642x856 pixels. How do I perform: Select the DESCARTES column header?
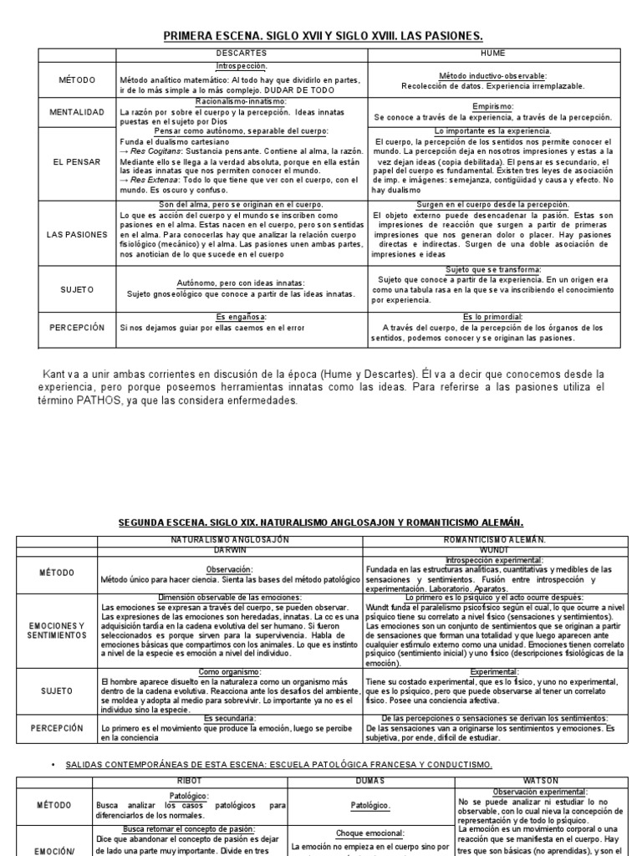[240, 53]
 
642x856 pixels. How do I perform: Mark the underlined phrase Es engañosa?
[240, 317]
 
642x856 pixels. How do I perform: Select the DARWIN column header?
[229, 551]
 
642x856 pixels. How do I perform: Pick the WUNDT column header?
[495, 551]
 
